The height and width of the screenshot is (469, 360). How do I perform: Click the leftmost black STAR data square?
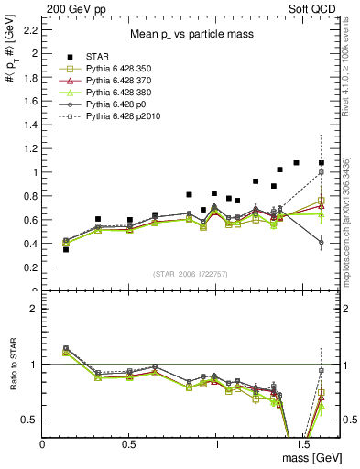pos(65,249)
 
